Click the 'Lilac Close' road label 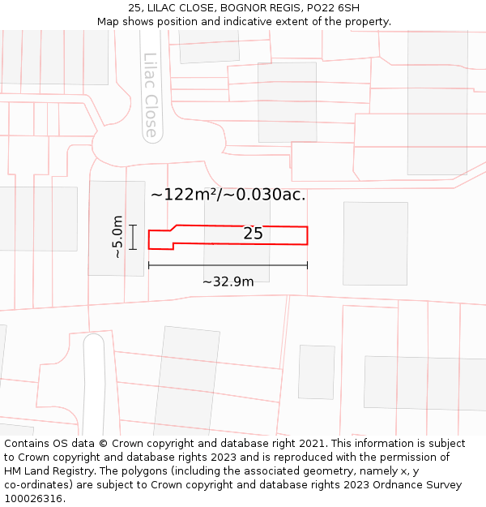tap(150, 95)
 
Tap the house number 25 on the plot tap(253, 234)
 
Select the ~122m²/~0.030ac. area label tap(228, 195)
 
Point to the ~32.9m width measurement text tap(228, 281)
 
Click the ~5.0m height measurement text tap(118, 237)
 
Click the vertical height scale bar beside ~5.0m tap(134, 237)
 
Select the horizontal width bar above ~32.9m tap(228, 265)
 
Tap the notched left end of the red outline tap(160, 239)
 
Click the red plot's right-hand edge tap(308, 235)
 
